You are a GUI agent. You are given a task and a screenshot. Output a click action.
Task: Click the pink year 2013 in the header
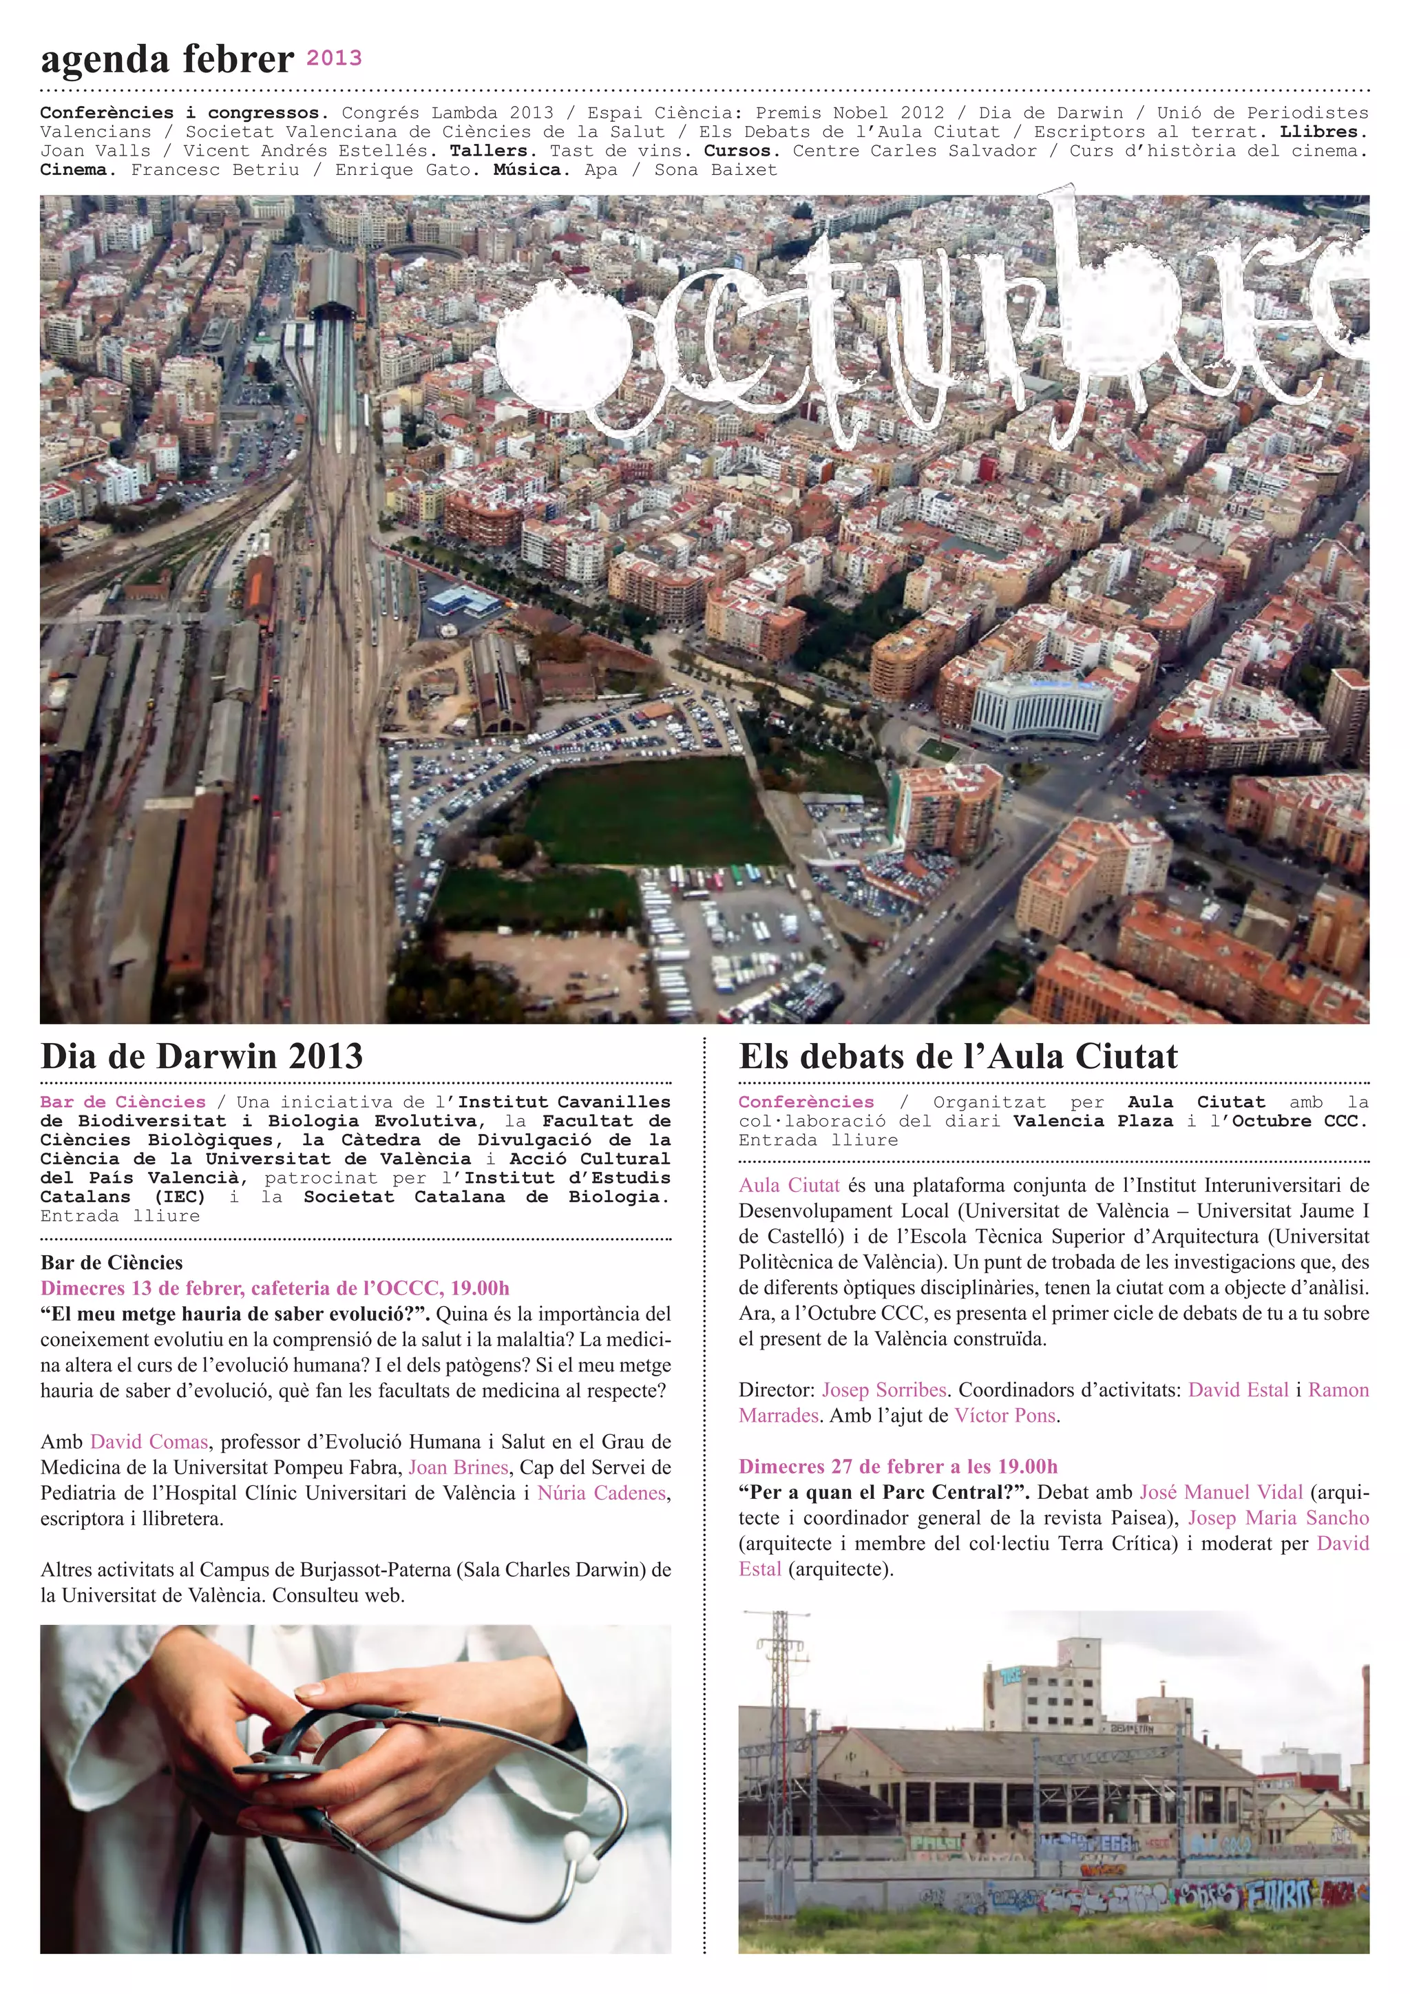click(335, 59)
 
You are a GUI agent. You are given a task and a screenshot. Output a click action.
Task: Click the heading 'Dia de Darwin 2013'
click(202, 1056)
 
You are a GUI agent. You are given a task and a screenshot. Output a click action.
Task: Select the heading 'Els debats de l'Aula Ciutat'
click(958, 1056)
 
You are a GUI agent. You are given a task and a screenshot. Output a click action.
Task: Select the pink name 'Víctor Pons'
click(1005, 1416)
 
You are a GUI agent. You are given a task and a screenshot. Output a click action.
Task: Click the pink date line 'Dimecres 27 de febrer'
click(898, 1467)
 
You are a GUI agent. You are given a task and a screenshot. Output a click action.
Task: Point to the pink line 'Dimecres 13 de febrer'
click(275, 1288)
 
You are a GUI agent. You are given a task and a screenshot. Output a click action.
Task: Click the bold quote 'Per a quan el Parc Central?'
click(884, 1492)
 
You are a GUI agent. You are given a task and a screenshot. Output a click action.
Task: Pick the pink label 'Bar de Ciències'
click(123, 1102)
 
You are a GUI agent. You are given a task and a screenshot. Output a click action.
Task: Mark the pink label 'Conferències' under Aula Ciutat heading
click(806, 1102)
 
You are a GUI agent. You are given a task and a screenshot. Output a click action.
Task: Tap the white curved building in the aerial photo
click(1041, 709)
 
